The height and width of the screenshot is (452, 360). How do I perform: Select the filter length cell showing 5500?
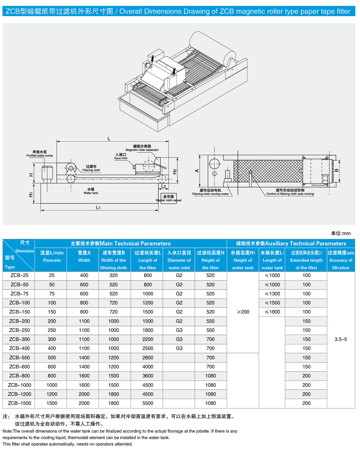[x=148, y=403]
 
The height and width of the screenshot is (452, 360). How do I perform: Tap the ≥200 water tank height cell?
[x=243, y=312]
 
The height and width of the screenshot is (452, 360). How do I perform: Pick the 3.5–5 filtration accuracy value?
[x=341, y=339]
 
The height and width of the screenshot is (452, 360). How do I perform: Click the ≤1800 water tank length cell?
[x=272, y=312]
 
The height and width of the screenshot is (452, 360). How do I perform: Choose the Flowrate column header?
[x=52, y=256]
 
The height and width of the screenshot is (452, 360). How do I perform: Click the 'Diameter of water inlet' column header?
[x=179, y=260]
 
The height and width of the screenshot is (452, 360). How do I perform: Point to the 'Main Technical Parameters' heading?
[x=121, y=243]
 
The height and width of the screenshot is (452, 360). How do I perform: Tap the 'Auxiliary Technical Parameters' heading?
[x=291, y=243]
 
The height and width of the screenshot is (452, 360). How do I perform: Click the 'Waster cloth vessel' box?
[x=169, y=198]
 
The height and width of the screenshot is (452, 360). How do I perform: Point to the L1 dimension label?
[x=98, y=207]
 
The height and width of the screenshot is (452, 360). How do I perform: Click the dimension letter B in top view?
[x=337, y=170]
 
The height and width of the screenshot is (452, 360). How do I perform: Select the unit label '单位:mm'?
[x=341, y=233]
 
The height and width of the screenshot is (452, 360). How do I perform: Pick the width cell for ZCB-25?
[x=84, y=275]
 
